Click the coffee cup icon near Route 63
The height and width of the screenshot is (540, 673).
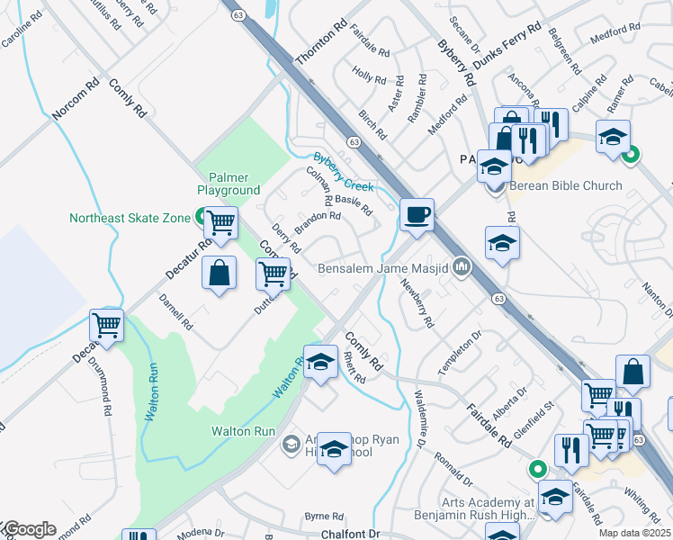pos(417,216)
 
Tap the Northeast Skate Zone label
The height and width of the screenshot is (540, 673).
pos(130,218)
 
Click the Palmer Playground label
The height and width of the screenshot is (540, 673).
pos(229,184)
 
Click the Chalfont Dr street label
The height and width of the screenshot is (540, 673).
pos(352,534)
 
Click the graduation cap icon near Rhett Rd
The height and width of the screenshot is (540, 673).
pos(319,362)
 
